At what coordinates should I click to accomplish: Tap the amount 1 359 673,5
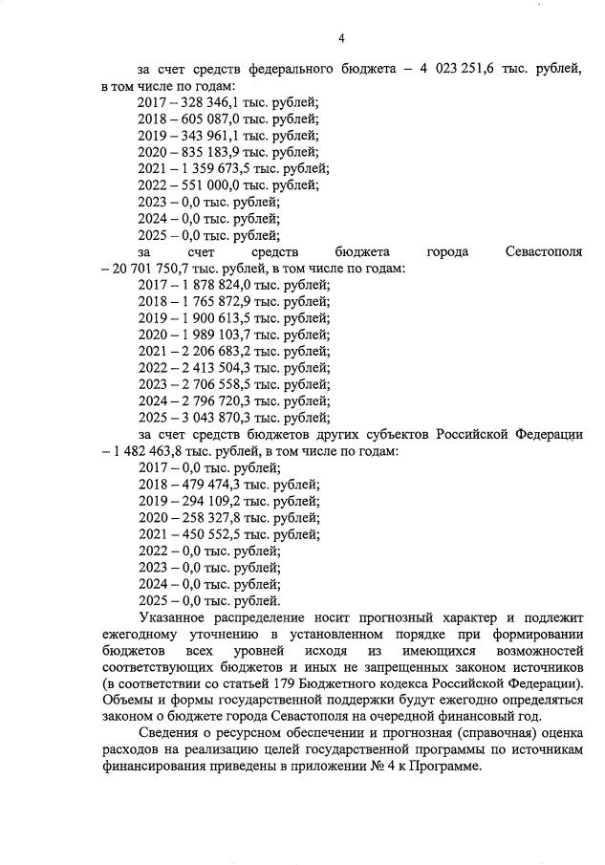[x=216, y=168]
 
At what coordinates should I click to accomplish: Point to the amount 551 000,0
[x=208, y=184]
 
